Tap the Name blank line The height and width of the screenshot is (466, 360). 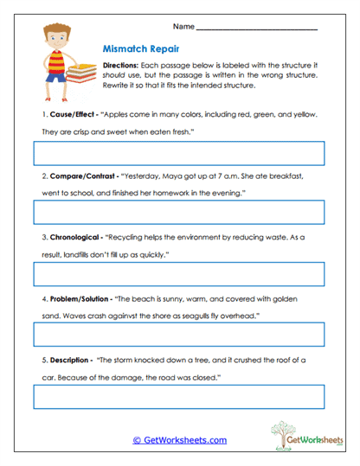tap(258, 28)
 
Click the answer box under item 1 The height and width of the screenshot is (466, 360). tap(178, 154)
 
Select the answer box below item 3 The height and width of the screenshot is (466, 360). tap(178, 273)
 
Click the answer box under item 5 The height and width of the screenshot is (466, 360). tap(178, 396)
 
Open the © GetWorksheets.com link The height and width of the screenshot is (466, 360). tap(180, 440)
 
